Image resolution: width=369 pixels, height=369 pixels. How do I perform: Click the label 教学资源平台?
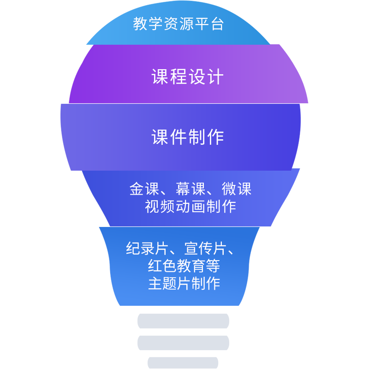(x=179, y=24)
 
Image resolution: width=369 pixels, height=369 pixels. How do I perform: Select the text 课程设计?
(x=188, y=77)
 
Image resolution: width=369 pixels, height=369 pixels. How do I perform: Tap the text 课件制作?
(x=188, y=137)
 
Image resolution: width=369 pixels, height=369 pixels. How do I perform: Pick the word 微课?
(x=236, y=189)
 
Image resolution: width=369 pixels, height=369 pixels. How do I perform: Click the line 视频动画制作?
(x=190, y=206)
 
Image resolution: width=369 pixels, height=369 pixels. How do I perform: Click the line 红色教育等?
(x=184, y=266)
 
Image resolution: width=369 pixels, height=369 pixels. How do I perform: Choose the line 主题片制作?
(x=184, y=283)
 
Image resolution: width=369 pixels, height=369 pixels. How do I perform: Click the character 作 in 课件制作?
(x=215, y=137)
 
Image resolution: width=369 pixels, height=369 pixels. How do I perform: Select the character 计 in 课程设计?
(x=215, y=77)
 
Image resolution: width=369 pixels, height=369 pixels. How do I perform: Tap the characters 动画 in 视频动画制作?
(x=190, y=206)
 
